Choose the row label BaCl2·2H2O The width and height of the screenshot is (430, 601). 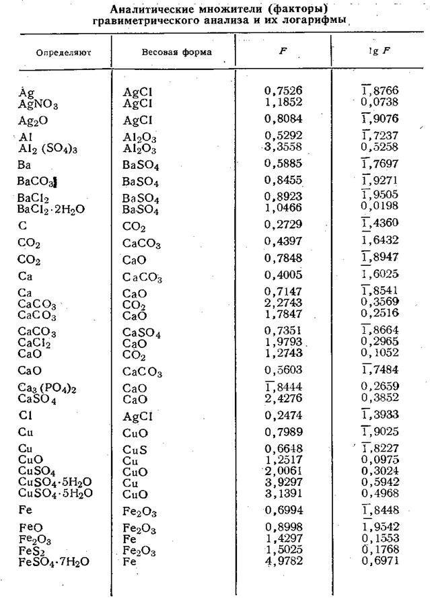click(51, 209)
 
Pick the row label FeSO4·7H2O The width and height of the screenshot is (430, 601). click(53, 561)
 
